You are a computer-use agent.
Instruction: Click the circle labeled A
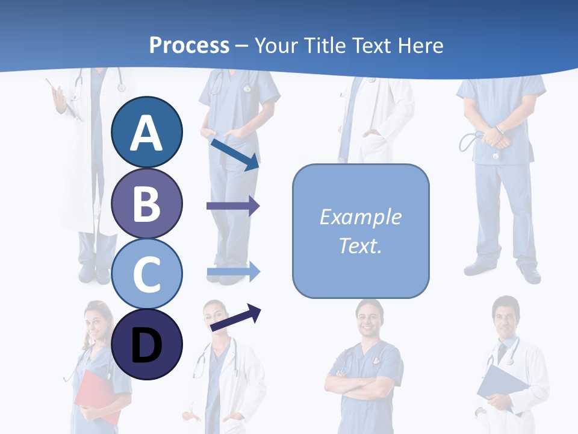point(146,132)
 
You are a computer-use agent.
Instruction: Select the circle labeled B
point(146,203)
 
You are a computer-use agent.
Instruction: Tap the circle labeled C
point(146,274)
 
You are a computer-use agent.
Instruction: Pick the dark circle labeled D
point(146,344)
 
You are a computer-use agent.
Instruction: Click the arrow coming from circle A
point(235,154)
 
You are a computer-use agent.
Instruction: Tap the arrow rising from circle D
point(235,318)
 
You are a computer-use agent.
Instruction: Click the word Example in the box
point(360,217)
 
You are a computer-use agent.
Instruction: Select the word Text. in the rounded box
point(360,245)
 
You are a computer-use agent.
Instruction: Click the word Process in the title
point(189,45)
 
